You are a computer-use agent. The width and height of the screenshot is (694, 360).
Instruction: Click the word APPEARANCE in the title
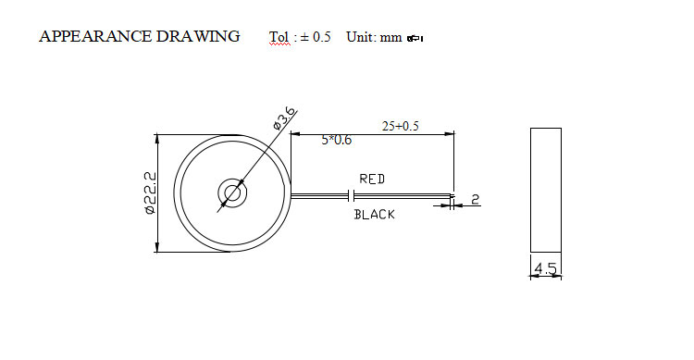coord(95,36)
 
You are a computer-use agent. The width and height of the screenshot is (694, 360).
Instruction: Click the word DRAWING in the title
coord(198,36)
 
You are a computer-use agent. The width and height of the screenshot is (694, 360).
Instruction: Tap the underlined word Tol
coord(279,37)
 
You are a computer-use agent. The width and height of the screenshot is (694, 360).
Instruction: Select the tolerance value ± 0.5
coord(316,37)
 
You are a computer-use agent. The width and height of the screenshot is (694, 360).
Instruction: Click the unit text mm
coord(390,38)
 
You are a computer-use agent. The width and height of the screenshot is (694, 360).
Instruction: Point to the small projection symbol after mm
coord(415,39)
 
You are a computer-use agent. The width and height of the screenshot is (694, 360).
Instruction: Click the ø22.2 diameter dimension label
coord(151,193)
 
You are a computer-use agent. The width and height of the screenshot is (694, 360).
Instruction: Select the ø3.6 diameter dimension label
coord(284,118)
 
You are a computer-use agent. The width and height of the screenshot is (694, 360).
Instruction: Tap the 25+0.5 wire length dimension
coord(400,126)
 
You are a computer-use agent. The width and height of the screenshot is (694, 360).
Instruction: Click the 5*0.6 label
coord(337,140)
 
